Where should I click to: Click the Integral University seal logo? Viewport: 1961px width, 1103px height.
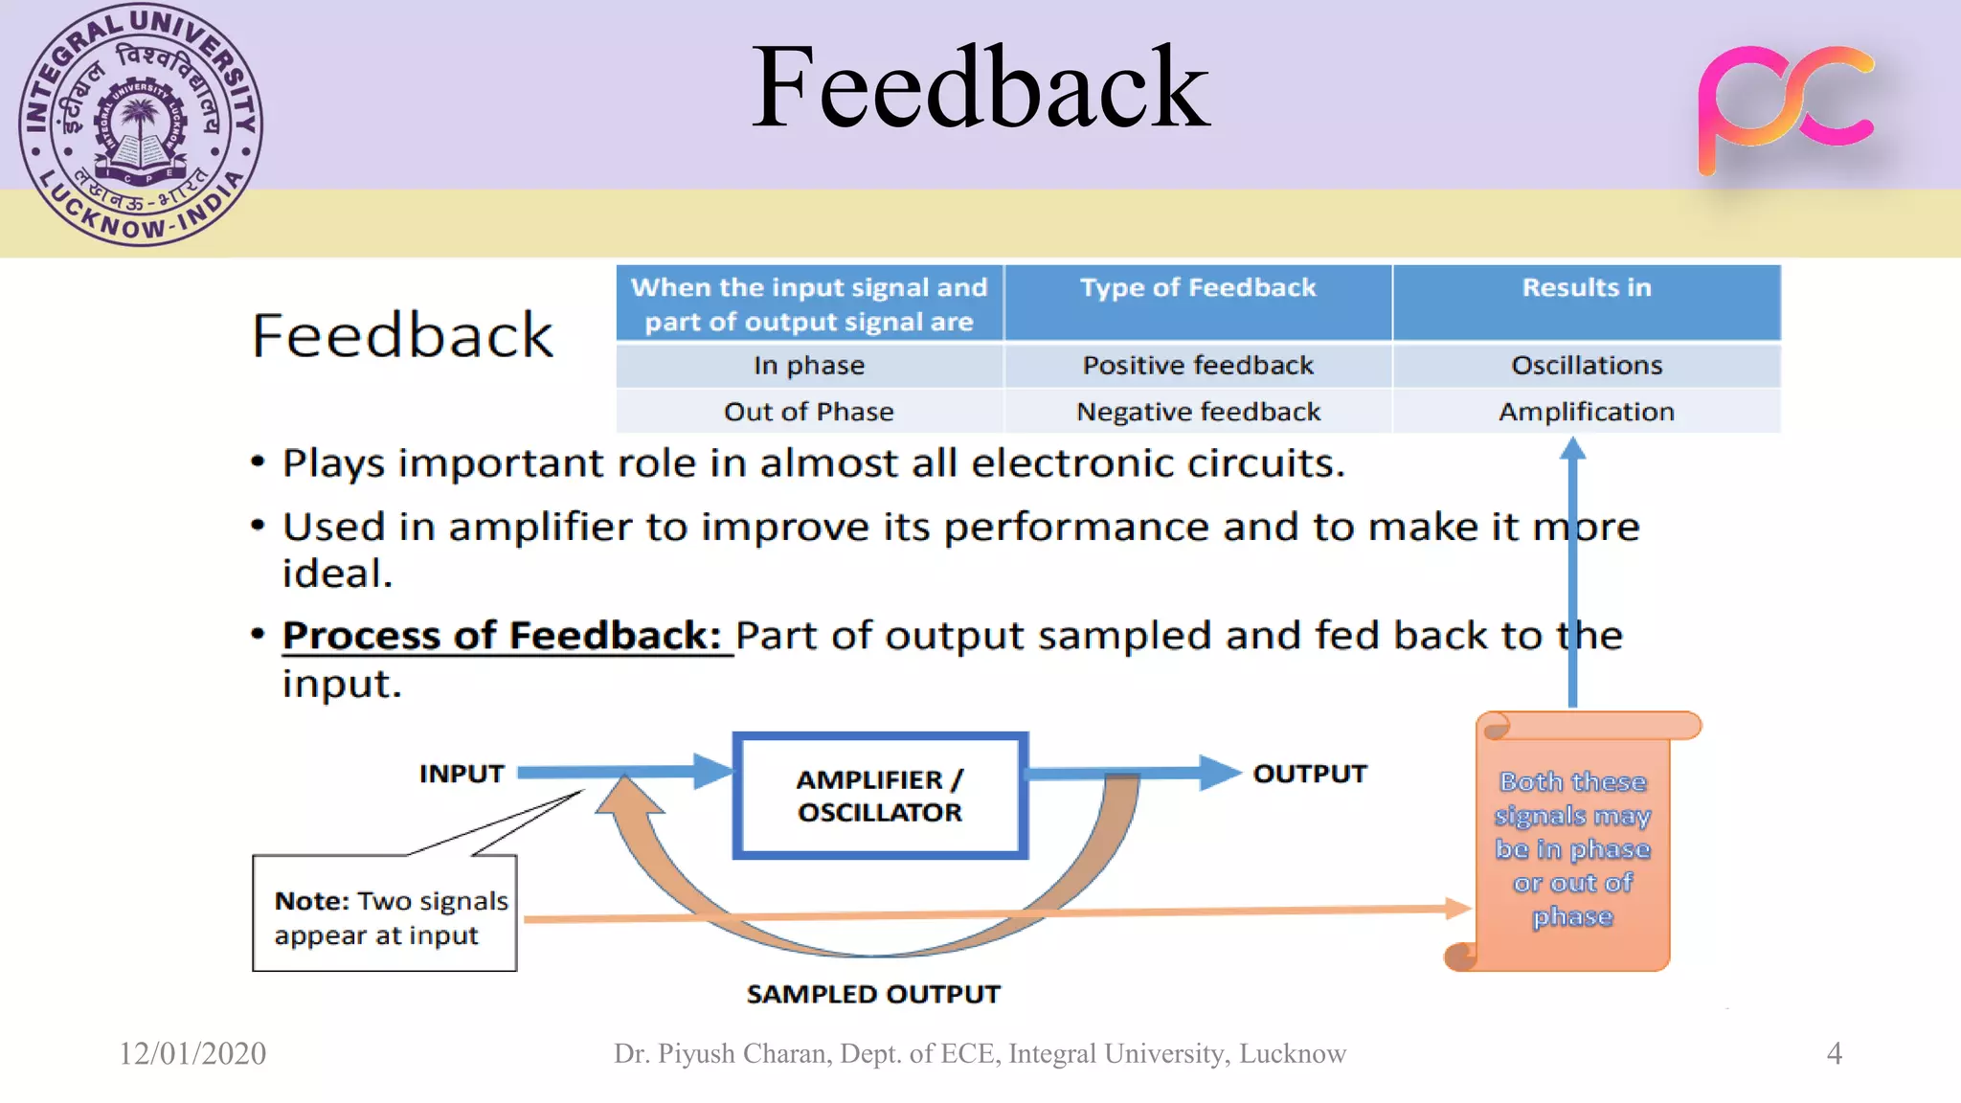tap(141, 124)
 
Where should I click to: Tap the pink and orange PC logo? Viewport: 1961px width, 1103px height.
tap(1784, 107)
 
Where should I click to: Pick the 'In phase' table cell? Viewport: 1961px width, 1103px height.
tap(809, 366)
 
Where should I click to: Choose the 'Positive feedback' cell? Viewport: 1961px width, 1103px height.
tap(1197, 366)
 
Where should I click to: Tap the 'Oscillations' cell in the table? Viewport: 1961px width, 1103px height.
tap(1586, 366)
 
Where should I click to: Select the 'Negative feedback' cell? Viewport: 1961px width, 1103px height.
tap(1197, 412)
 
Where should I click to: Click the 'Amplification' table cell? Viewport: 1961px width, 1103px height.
tap(1586, 412)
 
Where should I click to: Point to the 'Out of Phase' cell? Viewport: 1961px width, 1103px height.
tap(809, 412)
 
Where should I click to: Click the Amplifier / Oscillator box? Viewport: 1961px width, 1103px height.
tap(880, 796)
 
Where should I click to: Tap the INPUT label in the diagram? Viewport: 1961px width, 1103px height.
tap(462, 774)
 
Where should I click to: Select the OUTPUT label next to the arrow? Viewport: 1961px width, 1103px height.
tap(1309, 774)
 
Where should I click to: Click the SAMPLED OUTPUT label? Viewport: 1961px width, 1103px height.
tap(873, 994)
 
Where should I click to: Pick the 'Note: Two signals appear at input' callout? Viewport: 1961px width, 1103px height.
tap(385, 914)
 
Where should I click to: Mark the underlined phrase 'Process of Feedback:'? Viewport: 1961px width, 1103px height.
tap(502, 636)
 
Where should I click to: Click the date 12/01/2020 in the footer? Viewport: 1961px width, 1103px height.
tap(192, 1053)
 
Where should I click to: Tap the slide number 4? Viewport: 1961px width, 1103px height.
tap(1834, 1053)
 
